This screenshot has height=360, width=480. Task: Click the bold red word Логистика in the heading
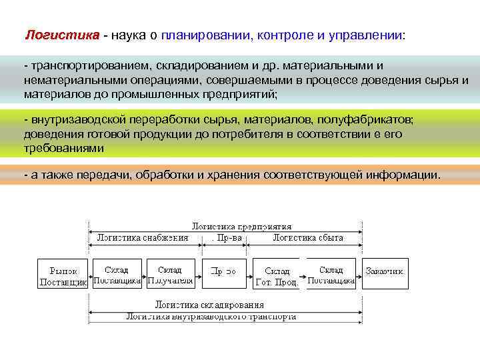point(62,35)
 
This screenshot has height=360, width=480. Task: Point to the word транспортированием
point(89,67)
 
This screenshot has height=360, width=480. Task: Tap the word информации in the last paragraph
point(406,175)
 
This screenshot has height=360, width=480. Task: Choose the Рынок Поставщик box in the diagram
point(63,274)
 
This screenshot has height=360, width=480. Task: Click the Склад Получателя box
point(170,274)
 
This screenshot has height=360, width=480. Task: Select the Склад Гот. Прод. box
point(277,274)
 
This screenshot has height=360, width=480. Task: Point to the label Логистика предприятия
point(241,226)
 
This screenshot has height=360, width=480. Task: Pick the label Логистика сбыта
point(307,237)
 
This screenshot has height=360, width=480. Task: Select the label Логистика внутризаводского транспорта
point(212,317)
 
